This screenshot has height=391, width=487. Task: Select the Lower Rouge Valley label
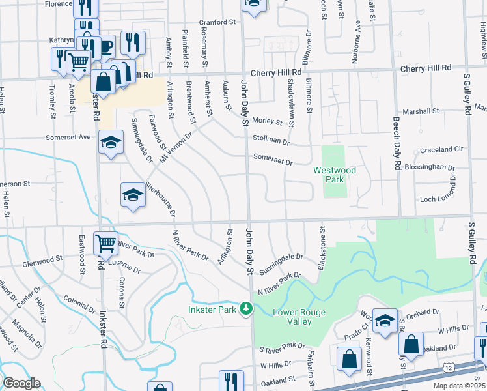(x=297, y=317)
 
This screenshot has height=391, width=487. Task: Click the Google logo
(x=21, y=383)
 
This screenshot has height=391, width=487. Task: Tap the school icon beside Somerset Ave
(x=111, y=141)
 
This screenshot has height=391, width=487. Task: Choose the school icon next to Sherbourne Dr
(x=133, y=194)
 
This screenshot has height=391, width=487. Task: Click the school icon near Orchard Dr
(x=385, y=320)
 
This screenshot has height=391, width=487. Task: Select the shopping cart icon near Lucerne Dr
(x=105, y=243)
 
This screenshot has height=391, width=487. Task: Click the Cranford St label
(x=217, y=22)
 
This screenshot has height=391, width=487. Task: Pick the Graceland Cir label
(x=441, y=149)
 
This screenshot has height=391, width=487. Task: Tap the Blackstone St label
(x=321, y=248)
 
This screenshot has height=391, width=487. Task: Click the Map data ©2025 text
(x=459, y=386)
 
